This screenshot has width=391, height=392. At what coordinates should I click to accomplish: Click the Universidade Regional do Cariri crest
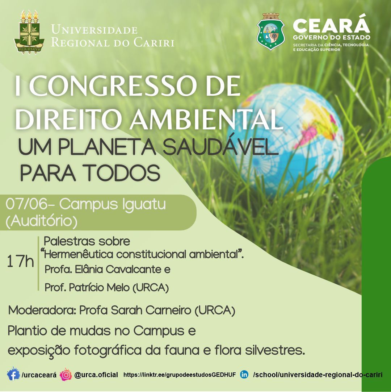point(29,32)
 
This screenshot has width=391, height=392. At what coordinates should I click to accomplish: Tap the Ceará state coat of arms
point(270,32)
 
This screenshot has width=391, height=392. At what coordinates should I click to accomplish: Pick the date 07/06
point(26,204)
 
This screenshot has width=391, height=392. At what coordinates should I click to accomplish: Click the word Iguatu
point(144,205)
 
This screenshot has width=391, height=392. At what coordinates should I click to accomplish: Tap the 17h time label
point(21,261)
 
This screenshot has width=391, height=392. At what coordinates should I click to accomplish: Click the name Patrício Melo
point(100,288)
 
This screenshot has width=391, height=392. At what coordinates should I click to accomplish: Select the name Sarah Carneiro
point(151,310)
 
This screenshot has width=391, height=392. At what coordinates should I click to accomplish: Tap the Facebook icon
point(13,374)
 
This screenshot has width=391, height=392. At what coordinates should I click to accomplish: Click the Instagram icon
point(66,374)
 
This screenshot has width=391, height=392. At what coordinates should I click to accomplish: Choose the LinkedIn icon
point(244,374)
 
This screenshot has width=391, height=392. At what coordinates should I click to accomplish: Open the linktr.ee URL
point(180,375)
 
